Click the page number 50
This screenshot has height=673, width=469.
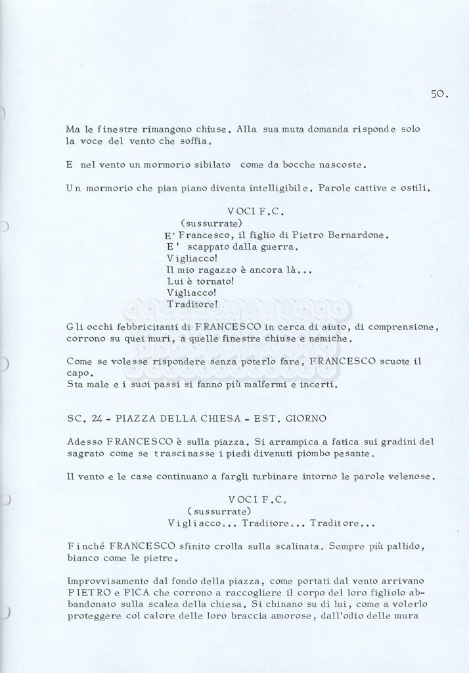439,94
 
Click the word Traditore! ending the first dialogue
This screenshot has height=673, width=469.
192,304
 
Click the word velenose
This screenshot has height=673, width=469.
411,476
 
